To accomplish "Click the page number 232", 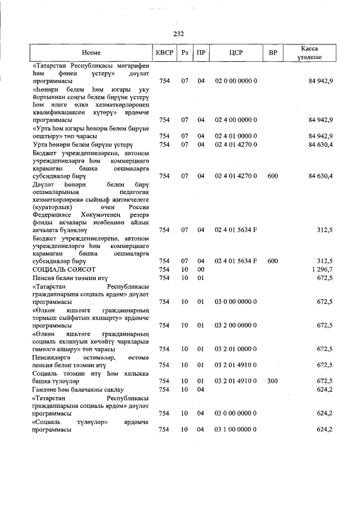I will pyautogui.click(x=179, y=33).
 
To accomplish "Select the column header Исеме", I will pyautogui.click(x=91, y=52).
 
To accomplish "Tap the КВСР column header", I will pyautogui.click(x=164, y=52).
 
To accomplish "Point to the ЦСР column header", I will pyautogui.click(x=236, y=52).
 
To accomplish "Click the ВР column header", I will pyautogui.click(x=273, y=52).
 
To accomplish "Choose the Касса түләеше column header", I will pyautogui.click(x=310, y=53).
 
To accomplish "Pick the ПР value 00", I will pyautogui.click(x=200, y=269).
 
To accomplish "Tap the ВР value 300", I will pyautogui.click(x=273, y=381).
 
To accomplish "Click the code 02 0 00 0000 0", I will pyautogui.click(x=236, y=81).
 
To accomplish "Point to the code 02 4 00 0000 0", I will pyautogui.click(x=236, y=120).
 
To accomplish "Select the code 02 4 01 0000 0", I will pyautogui.click(x=236, y=136).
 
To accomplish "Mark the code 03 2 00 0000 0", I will pyautogui.click(x=236, y=325).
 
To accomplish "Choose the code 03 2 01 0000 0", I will pyautogui.click(x=236, y=349).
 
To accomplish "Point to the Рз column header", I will pyautogui.click(x=184, y=52).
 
